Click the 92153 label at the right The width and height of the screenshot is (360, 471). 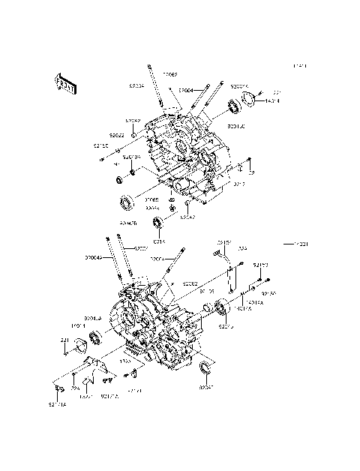260,265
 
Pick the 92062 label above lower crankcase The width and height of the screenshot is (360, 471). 190,284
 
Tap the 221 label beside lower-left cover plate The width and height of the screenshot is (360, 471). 64,340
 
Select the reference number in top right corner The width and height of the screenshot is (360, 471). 300,67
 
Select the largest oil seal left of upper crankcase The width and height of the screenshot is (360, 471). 126,202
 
